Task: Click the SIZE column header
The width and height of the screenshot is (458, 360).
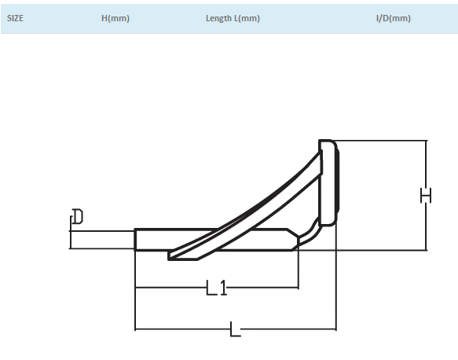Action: [x=15, y=18]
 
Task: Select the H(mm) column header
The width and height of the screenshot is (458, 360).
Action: [x=115, y=18]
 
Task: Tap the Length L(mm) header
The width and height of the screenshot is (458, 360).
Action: [x=233, y=18]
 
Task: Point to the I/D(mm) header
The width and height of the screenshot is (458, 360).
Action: [x=393, y=18]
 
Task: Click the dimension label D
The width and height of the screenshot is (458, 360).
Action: [x=78, y=216]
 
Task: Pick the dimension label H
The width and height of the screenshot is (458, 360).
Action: [x=426, y=196]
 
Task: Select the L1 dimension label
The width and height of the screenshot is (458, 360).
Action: [x=217, y=288]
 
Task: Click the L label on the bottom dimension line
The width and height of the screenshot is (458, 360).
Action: [x=235, y=329]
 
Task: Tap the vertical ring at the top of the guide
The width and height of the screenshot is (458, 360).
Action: [x=328, y=182]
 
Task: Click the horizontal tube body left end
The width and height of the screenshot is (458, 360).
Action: [x=135, y=240]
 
